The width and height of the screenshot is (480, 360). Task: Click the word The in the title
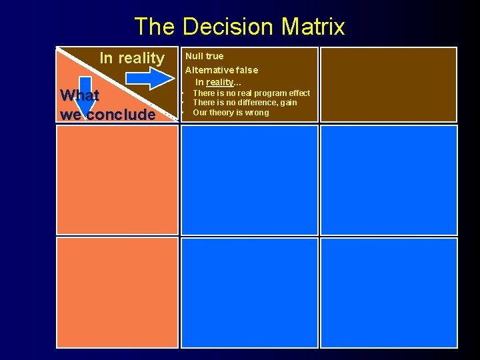(155, 27)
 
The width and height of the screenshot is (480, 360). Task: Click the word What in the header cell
(79, 95)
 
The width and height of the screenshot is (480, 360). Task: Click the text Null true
(204, 56)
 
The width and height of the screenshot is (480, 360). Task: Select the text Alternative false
(221, 70)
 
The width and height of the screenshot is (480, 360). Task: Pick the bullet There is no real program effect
(251, 93)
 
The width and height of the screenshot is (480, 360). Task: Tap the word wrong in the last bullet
(257, 113)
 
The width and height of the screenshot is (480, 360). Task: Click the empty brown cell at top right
(389, 84)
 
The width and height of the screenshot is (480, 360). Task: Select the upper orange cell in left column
(117, 180)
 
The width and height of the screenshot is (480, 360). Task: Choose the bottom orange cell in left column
(117, 293)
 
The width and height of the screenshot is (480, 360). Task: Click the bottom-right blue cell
(389, 293)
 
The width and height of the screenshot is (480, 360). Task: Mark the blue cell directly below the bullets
(249, 180)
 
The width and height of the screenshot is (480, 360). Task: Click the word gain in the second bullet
(289, 103)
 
